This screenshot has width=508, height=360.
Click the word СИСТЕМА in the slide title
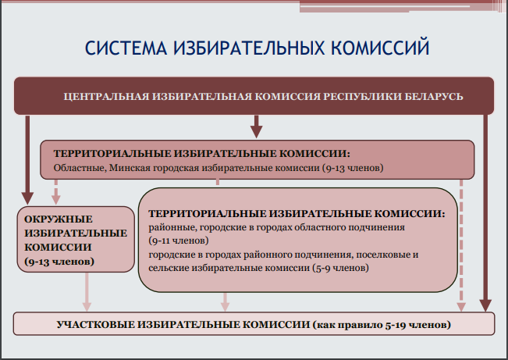[126, 48]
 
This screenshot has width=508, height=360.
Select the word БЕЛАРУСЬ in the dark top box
[434, 96]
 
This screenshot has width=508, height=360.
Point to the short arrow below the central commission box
[256, 127]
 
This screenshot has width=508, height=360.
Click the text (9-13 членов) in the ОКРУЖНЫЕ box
[59, 261]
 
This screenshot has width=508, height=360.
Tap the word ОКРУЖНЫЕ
[59, 219]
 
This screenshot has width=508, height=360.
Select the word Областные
[80, 168]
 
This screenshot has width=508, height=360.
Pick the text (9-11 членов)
[179, 241]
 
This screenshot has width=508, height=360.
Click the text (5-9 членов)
[340, 268]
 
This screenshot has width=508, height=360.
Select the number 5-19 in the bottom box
[396, 325]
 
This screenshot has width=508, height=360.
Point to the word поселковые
[383, 255]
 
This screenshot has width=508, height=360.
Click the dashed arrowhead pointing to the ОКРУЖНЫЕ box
[56, 200]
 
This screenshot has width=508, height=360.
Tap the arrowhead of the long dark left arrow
[27, 198]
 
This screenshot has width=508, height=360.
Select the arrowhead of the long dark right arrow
[485, 305]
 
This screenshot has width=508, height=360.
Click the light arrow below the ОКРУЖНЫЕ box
[87, 292]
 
